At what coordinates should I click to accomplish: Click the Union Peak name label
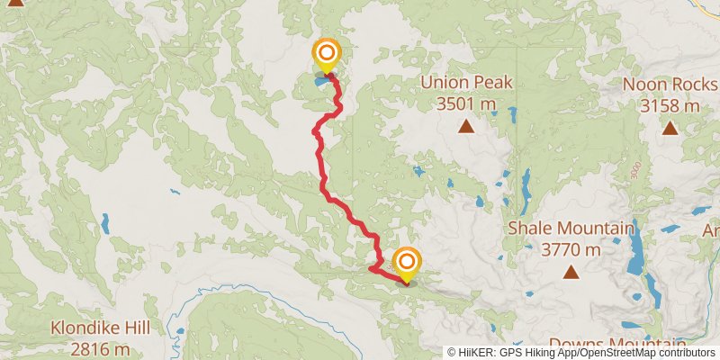465,83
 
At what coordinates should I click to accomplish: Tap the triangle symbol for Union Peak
465,127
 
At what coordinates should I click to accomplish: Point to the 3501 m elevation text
466,103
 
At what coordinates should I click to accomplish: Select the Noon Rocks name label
670,85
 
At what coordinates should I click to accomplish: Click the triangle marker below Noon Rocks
670,128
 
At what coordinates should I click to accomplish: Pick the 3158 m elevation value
670,106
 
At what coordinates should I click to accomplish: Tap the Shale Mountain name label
570,228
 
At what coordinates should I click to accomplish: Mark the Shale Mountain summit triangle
570,271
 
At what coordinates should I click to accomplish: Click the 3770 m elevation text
570,249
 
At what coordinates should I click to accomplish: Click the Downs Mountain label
616,344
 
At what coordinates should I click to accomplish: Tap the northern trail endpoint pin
325,55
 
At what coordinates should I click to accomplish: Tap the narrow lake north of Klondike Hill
105,223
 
